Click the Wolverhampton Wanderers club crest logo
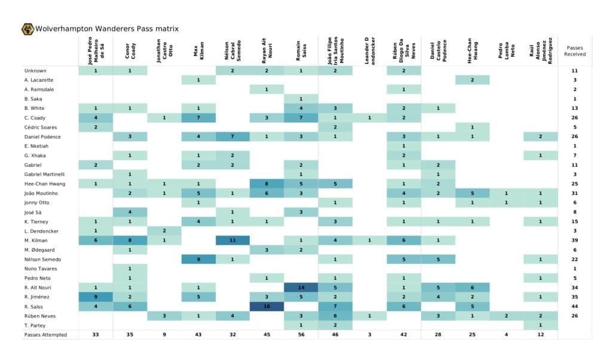click(x=27, y=29)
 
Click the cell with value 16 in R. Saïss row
click(x=267, y=306)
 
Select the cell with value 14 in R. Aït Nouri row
click(x=301, y=287)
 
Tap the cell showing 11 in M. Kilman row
click(x=232, y=240)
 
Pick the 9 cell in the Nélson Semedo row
click(x=198, y=259)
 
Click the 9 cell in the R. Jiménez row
click(x=96, y=297)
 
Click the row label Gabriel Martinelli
click(x=44, y=174)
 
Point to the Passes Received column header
click(x=574, y=51)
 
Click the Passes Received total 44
click(x=574, y=306)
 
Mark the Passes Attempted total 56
click(x=301, y=335)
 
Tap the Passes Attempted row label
click(x=45, y=335)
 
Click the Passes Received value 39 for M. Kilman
click(x=574, y=240)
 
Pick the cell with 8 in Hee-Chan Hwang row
click(x=267, y=184)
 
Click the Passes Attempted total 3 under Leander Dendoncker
click(x=369, y=335)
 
